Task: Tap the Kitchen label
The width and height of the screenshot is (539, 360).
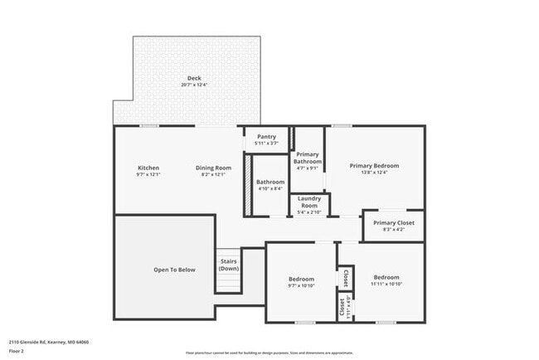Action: point(148,167)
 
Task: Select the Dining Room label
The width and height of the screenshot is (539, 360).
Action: point(213,167)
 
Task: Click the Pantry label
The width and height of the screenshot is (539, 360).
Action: point(266,137)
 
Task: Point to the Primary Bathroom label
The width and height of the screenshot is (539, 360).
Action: point(308,158)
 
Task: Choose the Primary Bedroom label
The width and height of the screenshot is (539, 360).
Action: point(374,166)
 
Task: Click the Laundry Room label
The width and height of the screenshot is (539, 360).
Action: point(309,203)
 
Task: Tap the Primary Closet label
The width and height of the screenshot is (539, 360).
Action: point(394,223)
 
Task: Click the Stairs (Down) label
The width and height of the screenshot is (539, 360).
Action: point(229,265)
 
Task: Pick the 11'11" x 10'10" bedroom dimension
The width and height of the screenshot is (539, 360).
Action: point(386,284)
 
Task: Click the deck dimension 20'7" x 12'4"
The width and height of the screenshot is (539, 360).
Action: point(193,85)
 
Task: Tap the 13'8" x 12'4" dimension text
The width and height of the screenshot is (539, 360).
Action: point(374,173)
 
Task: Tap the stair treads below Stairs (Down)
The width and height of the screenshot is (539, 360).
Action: point(229,284)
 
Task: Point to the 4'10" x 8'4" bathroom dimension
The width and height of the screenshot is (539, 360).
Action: point(270,188)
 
